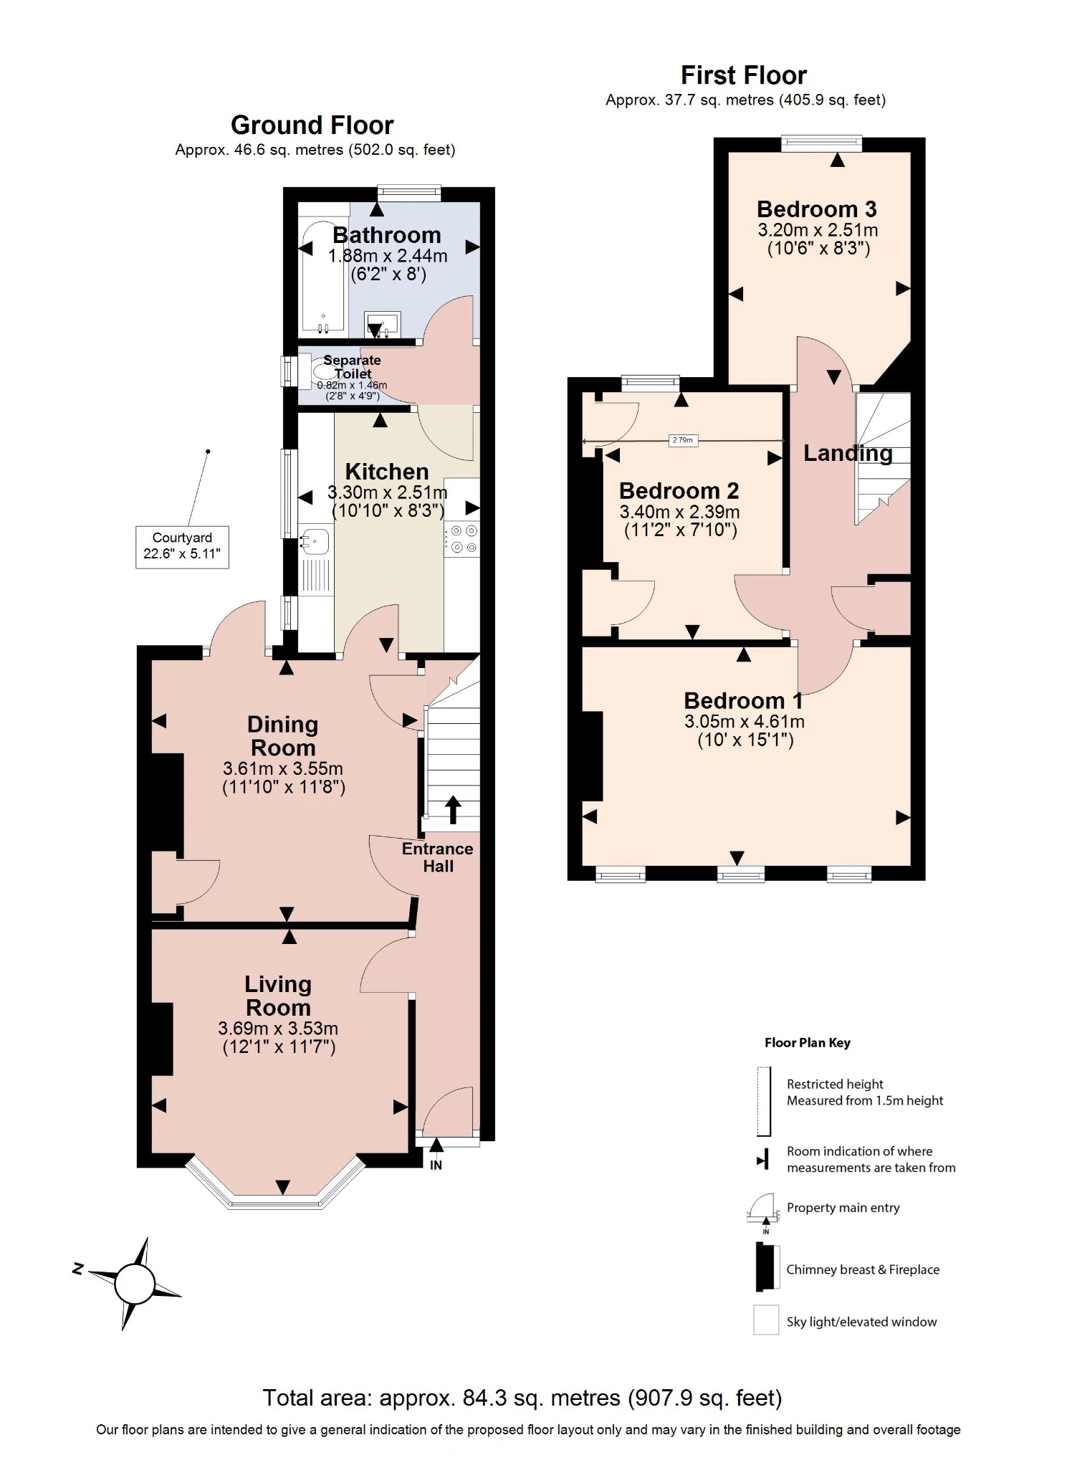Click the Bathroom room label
pyautogui.click(x=386, y=235)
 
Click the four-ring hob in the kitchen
pyautogui.click(x=463, y=539)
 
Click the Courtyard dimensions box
pyautogui.click(x=182, y=546)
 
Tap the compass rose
pyautogui.click(x=135, y=1282)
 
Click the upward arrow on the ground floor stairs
pyautogui.click(x=453, y=809)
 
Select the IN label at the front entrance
pyautogui.click(x=436, y=1166)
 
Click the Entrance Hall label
pyautogui.click(x=437, y=857)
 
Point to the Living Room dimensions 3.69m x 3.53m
pyautogui.click(x=278, y=1029)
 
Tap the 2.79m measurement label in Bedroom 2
pyautogui.click(x=682, y=440)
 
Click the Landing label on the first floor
pyautogui.click(x=847, y=453)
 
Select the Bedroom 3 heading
pyautogui.click(x=816, y=209)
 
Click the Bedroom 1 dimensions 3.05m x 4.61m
pyautogui.click(x=744, y=722)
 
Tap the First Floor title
pyautogui.click(x=743, y=75)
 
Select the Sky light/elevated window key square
pyautogui.click(x=765, y=1320)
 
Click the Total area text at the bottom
pyautogui.click(x=522, y=1398)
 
